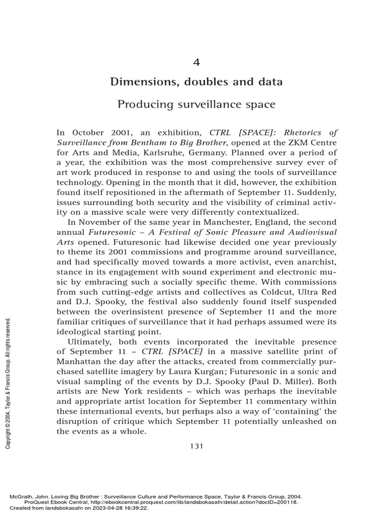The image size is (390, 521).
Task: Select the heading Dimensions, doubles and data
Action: pos(197,81)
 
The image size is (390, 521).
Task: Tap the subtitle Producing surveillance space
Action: pos(197,105)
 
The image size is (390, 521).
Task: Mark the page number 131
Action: pos(197,446)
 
